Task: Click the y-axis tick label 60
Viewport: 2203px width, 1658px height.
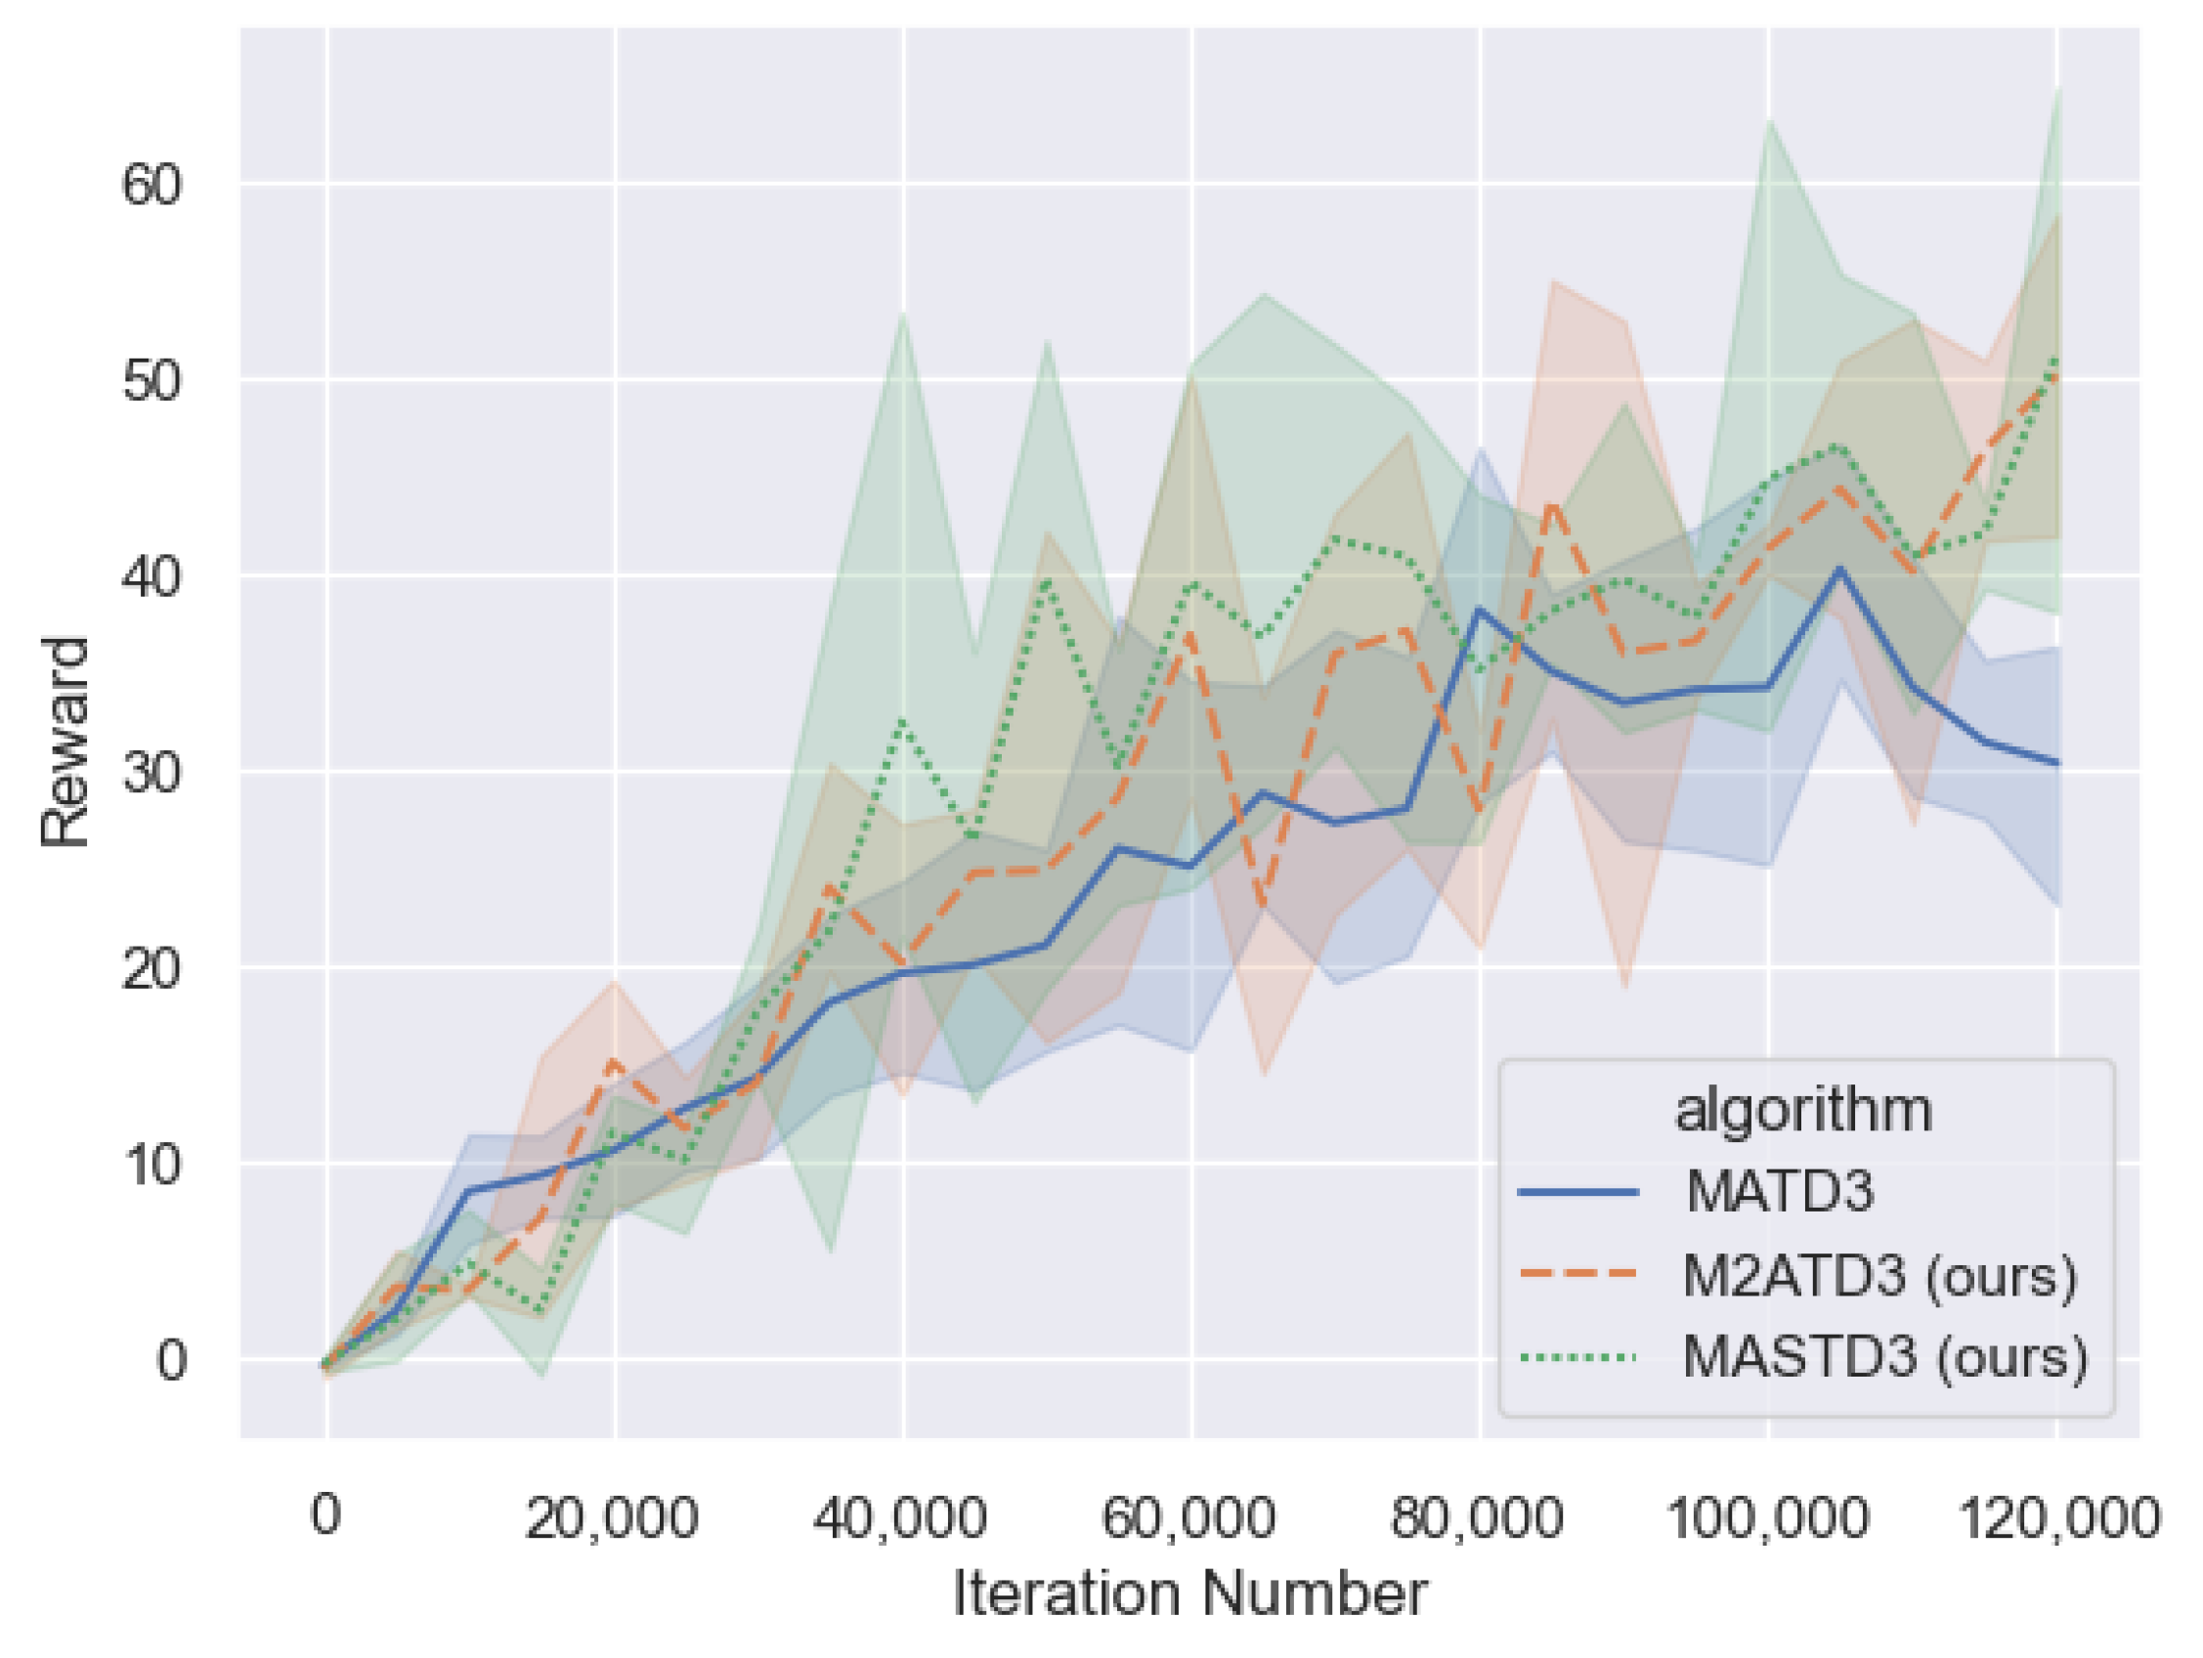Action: tap(152, 186)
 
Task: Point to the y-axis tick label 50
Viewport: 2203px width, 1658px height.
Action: tap(152, 380)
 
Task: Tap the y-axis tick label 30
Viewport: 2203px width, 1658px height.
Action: tap(152, 772)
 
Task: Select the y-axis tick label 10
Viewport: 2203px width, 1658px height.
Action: tap(152, 1163)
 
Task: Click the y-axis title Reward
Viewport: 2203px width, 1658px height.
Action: tap(65, 742)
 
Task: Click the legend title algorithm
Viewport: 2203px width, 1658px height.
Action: tap(1803, 1110)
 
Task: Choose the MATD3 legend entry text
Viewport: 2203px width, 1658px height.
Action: tap(1780, 1191)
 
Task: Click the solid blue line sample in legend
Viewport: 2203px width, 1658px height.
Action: tap(1578, 1192)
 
